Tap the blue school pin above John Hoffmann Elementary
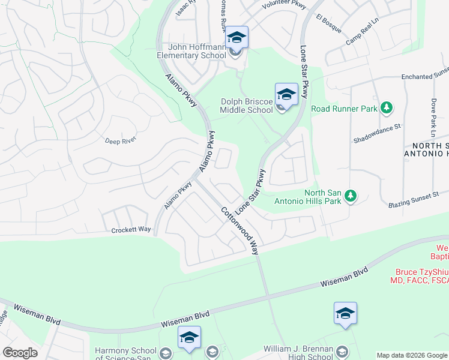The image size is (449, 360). tap(237, 38)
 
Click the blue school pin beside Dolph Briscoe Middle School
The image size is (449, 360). tap(286, 95)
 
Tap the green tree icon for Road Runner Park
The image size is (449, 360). tap(387, 108)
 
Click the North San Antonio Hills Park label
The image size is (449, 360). tap(307, 197)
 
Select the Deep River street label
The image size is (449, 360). tap(121, 140)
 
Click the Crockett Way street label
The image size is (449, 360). tap(131, 230)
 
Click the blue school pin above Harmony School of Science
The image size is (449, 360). tap(189, 338)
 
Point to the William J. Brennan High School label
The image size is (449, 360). tap(299, 353)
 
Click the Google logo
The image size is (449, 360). tap(20, 352)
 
